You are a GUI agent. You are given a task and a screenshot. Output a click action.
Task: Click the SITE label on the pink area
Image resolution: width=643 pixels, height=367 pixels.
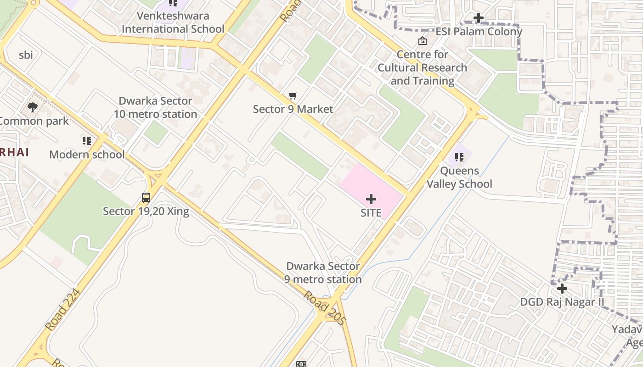pos(371,213)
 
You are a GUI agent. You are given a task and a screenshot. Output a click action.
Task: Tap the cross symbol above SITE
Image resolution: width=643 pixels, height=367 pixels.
pos(371,199)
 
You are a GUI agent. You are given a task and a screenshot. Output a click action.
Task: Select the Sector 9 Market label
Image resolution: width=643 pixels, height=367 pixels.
pos(293,109)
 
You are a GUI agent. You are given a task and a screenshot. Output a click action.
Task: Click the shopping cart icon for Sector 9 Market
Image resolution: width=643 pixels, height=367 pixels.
pos(293,96)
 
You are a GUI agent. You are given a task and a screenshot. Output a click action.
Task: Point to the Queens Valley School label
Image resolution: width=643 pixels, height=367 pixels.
pos(459,178)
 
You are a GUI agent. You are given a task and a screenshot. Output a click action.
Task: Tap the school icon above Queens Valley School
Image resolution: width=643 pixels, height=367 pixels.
pos(459,157)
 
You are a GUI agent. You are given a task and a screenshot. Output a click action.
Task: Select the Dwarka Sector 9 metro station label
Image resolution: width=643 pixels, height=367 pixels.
pos(323,273)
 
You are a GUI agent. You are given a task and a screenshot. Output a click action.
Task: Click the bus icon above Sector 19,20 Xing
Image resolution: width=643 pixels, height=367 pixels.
pos(146,198)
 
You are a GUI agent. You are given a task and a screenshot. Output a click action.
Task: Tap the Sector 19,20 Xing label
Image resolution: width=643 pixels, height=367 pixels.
pos(146,211)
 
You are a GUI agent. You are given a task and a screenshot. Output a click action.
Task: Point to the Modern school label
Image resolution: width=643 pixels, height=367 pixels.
pos(87,155)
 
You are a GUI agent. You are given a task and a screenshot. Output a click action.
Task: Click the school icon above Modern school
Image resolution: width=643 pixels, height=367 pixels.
pos(87,141)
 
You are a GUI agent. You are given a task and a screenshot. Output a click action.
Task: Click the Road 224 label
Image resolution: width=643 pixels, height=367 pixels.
pos(62,310)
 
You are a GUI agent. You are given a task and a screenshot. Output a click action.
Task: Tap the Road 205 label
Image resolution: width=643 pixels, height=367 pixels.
pos(324,308)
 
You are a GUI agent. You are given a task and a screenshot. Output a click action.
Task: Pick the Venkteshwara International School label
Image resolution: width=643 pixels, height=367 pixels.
pos(173,22)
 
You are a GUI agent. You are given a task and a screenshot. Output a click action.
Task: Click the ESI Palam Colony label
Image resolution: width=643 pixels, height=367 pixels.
pos(479,32)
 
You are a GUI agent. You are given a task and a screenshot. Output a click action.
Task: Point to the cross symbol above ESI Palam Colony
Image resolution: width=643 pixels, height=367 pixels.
pos(479,18)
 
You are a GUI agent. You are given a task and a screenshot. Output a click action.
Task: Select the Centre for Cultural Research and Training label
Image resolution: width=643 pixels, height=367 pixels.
pos(423,68)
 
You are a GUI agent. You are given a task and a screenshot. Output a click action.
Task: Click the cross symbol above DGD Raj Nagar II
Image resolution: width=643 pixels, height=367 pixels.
pos(562,289)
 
